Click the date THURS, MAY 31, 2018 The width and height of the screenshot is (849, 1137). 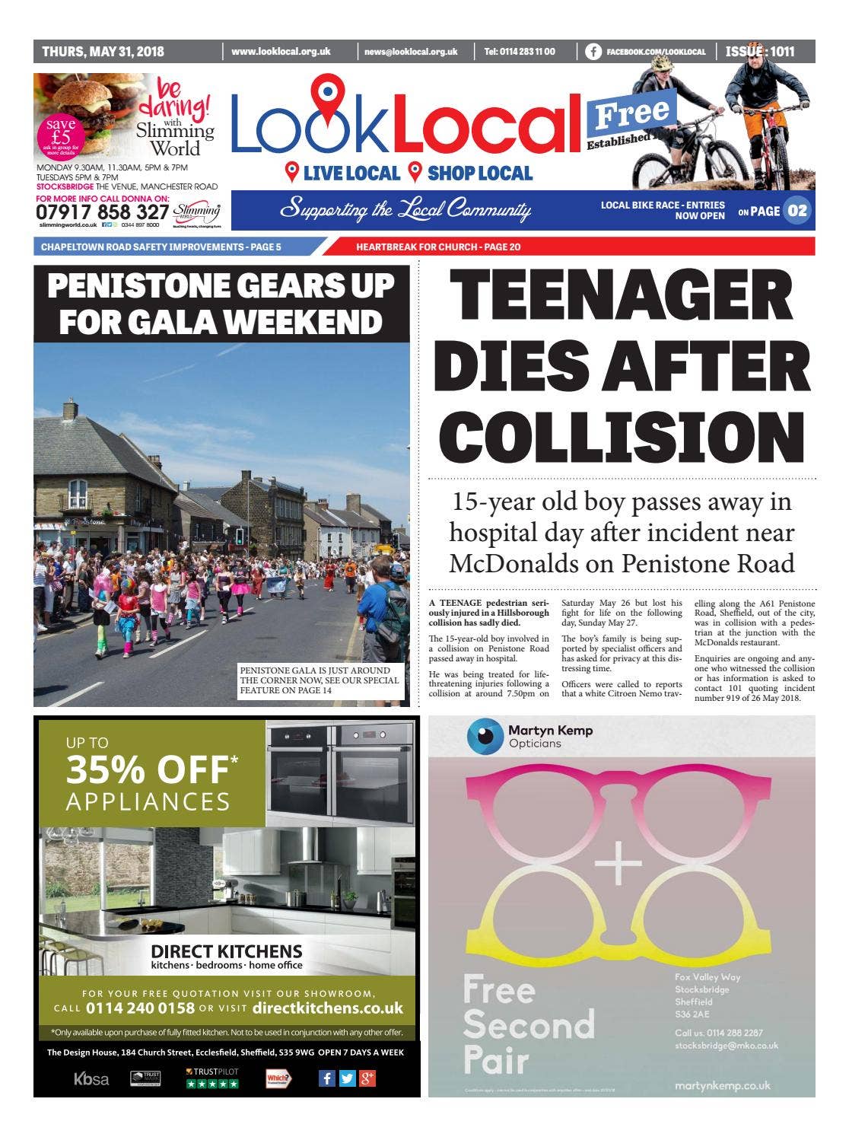[103, 52]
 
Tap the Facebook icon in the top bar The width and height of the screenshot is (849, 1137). [593, 52]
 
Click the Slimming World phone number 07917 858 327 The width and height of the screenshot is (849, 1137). [102, 212]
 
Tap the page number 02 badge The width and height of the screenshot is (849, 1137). [797, 211]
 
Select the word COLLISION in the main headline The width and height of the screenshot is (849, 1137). [622, 438]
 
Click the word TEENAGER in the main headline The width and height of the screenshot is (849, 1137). [622, 295]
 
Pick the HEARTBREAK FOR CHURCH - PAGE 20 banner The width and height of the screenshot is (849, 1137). [438, 247]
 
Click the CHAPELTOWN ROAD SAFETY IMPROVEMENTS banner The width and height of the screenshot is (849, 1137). [161, 247]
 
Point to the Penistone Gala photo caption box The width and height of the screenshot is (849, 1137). [320, 680]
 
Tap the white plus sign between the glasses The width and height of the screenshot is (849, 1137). [618, 863]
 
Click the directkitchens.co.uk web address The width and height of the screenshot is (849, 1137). [327, 1008]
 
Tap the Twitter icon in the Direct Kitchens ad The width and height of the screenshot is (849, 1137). [347, 1078]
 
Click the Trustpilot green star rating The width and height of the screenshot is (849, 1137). [212, 1083]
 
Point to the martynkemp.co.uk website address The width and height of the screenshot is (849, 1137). [722, 1086]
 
